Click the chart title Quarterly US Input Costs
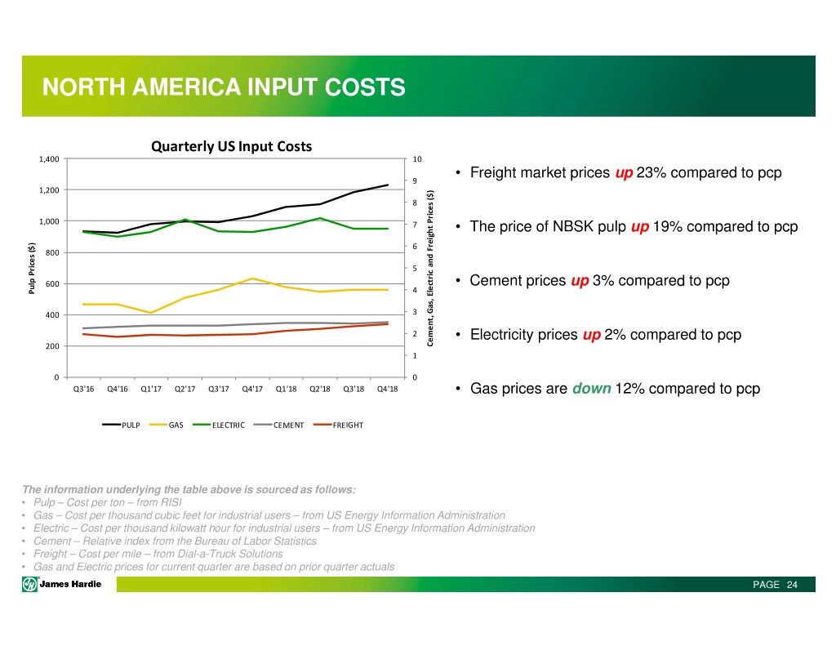coord(231,147)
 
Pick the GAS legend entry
coord(176,425)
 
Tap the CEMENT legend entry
coord(288,425)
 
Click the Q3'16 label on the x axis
coord(84,389)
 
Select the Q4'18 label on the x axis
coord(388,389)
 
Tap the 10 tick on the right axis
coord(417,158)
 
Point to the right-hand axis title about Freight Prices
coord(430,267)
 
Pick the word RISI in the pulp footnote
coord(170,502)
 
